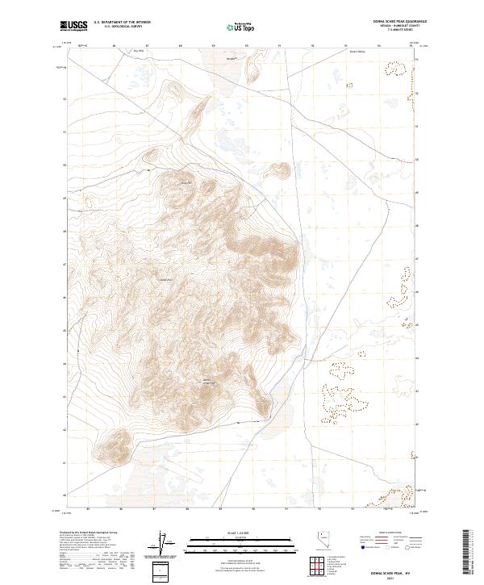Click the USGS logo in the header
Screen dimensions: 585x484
coord(74,26)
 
